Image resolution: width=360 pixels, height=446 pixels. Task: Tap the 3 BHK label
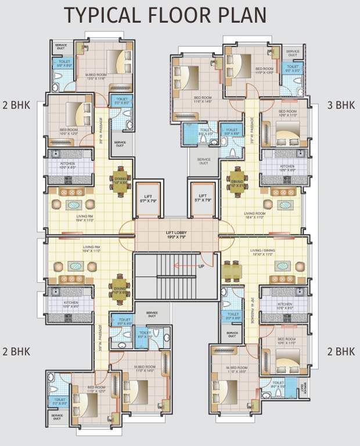(x=341, y=105)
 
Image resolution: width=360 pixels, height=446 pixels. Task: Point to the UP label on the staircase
(x=200, y=267)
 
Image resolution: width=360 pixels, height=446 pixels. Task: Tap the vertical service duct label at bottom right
(x=306, y=387)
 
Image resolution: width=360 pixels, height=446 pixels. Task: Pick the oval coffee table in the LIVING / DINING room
(x=283, y=267)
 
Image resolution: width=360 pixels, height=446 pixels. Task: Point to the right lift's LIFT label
(x=203, y=196)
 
